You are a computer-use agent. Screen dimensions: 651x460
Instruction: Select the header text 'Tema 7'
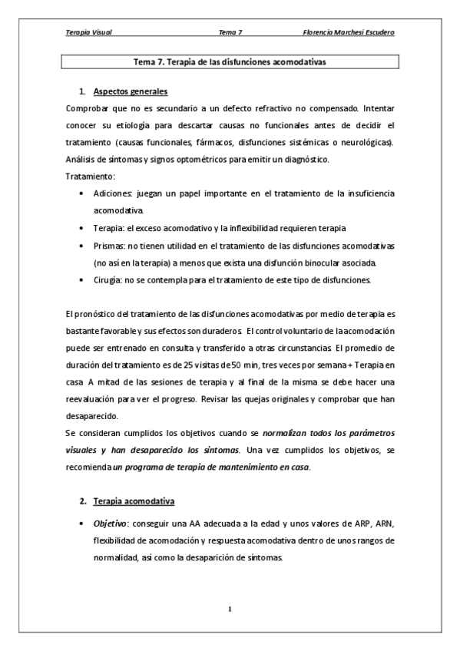(x=230, y=32)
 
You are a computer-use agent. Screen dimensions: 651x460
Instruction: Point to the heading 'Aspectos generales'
(x=129, y=92)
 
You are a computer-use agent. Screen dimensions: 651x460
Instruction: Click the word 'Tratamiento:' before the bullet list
(x=90, y=177)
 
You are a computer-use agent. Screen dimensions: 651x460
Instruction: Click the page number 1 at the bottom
(x=230, y=610)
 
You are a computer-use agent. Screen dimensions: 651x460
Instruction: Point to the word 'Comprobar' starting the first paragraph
(x=88, y=109)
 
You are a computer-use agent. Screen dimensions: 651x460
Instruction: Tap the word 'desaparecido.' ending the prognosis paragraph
(x=94, y=416)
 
